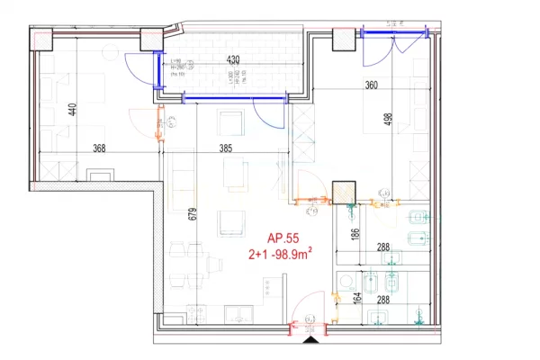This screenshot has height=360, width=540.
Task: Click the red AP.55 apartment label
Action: [x=282, y=238]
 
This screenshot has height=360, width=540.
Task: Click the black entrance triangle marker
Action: [x=311, y=339]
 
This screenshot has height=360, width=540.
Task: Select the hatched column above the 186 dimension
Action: [x=343, y=193]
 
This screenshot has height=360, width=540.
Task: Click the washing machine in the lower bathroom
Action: [x=345, y=280]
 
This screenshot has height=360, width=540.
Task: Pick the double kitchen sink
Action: [x=238, y=315]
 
